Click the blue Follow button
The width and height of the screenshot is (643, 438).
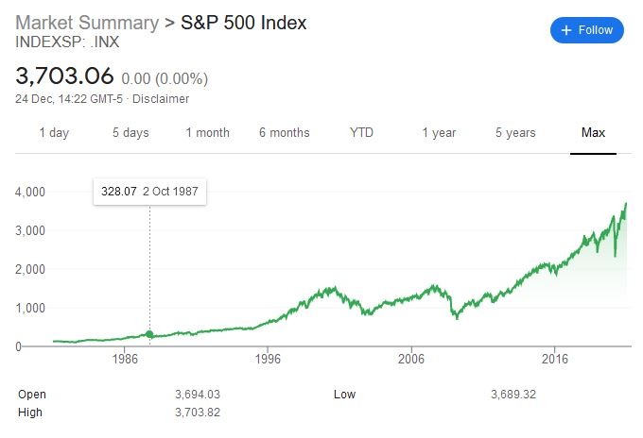pyautogui.click(x=587, y=30)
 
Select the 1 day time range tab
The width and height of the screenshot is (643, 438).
pyautogui.click(x=54, y=133)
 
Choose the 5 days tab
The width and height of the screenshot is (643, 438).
pyautogui.click(x=130, y=133)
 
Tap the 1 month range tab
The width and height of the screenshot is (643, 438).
pyautogui.click(x=207, y=133)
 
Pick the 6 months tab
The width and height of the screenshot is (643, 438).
pyautogui.click(x=284, y=133)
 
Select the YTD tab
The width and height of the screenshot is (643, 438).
pyautogui.click(x=361, y=133)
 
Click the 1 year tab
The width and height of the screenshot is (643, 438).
pyautogui.click(x=439, y=133)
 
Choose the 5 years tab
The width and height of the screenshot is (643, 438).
pyautogui.click(x=516, y=133)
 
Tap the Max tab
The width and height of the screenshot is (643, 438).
pyautogui.click(x=593, y=133)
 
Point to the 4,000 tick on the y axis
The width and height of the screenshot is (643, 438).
pyautogui.click(x=31, y=192)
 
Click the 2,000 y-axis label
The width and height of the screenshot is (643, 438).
pyautogui.click(x=31, y=269)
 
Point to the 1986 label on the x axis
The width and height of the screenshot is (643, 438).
pyautogui.click(x=126, y=360)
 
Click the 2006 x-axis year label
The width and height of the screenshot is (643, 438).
pyautogui.click(x=411, y=360)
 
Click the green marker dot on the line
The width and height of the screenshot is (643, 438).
pyautogui.click(x=149, y=334)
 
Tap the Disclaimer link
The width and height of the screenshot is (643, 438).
pyautogui.click(x=160, y=99)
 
